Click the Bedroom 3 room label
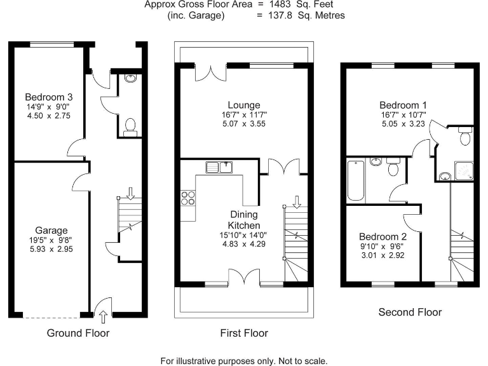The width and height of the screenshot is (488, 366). [49, 97]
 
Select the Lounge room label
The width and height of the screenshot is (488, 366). [244, 105]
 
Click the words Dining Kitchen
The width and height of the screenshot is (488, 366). [244, 220]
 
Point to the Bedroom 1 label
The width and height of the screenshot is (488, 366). [403, 105]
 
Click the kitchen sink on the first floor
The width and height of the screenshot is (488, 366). [220, 167]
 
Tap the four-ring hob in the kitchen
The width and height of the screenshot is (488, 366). [188, 198]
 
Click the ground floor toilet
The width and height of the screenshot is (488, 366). [130, 125]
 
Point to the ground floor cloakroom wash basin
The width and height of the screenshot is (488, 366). [130, 79]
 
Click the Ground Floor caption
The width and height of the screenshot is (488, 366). [78, 333]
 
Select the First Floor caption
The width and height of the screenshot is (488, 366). [244, 333]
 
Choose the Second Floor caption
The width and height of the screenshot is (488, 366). [410, 312]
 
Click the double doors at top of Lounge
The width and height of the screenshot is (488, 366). [210, 71]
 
